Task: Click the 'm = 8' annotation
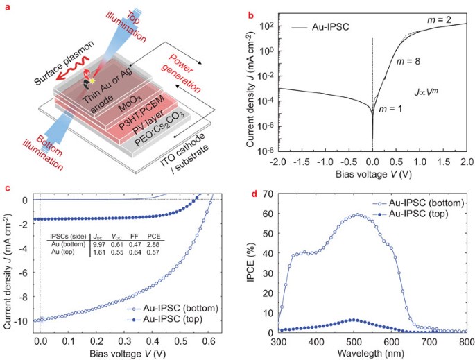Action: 409,62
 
